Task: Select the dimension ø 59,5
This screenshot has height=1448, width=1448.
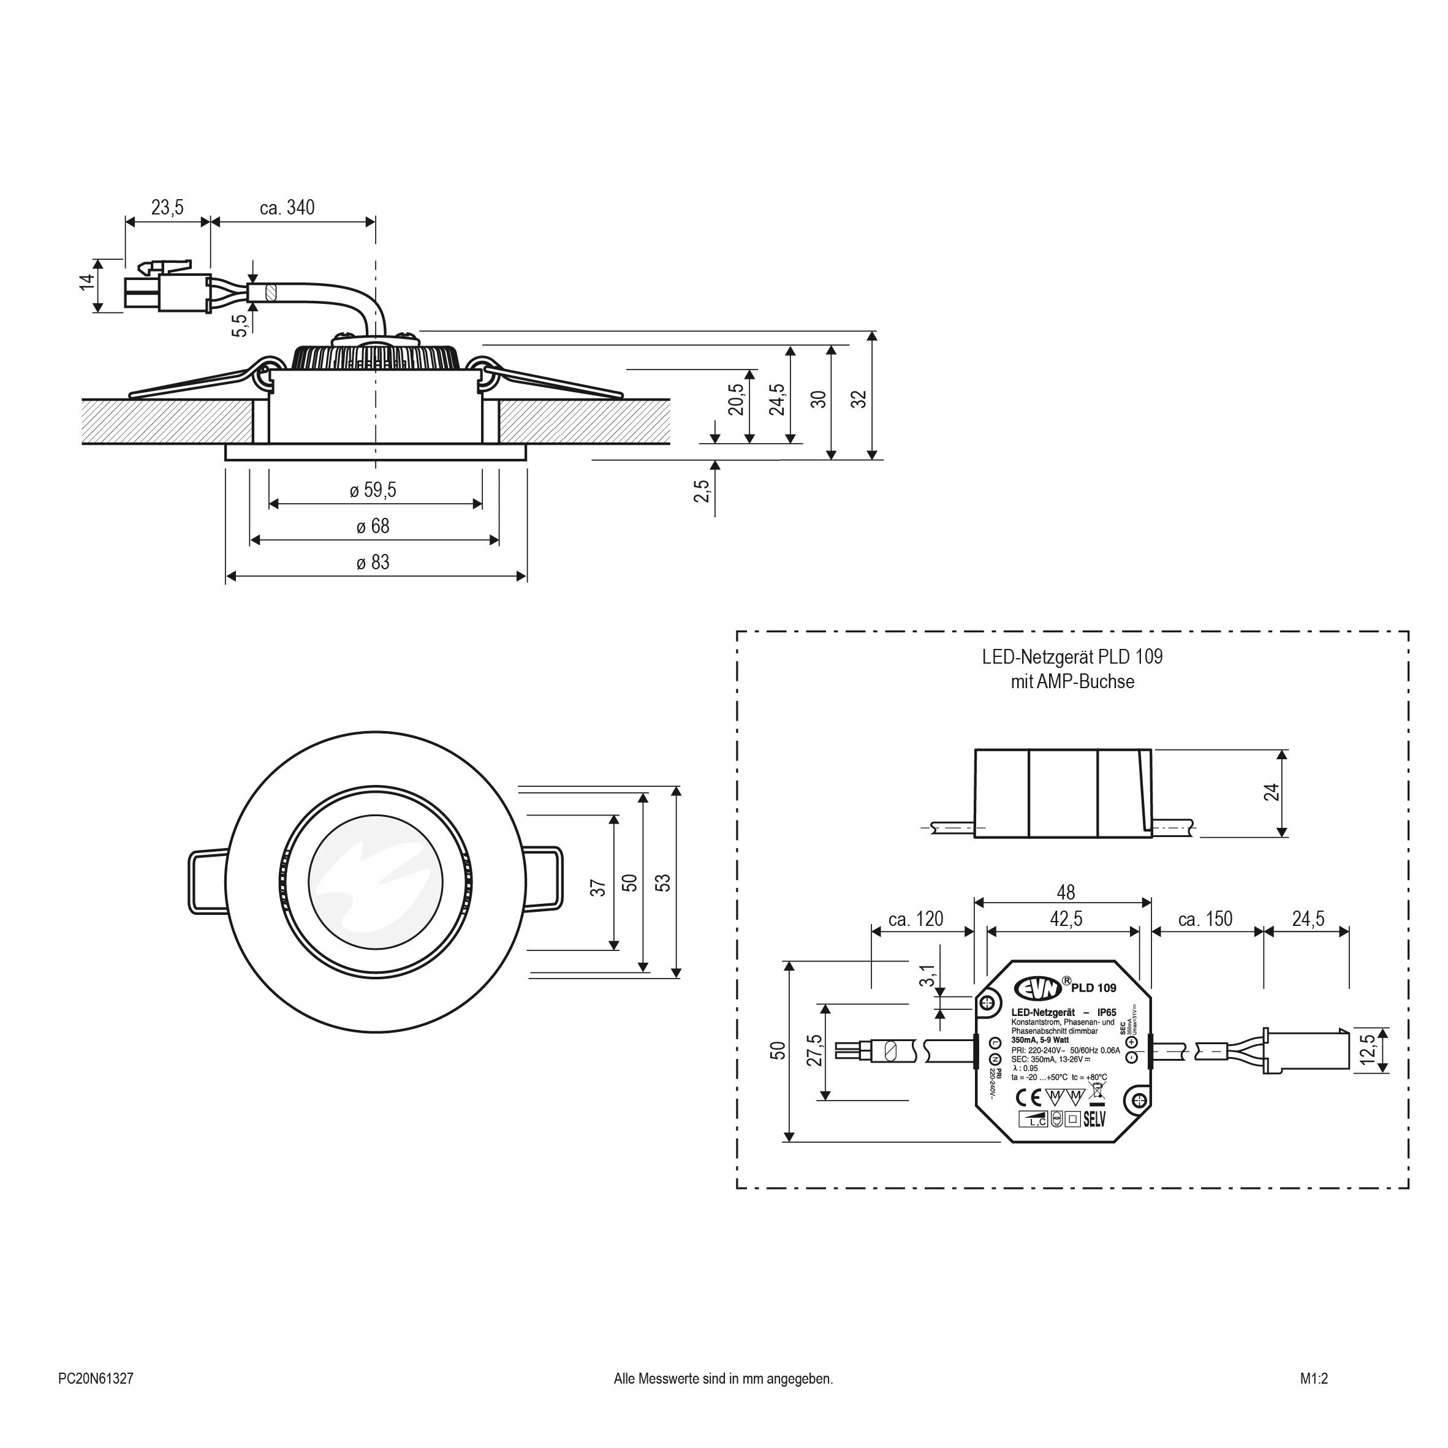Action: pos(373,491)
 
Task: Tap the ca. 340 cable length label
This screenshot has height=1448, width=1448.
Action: pos(287,208)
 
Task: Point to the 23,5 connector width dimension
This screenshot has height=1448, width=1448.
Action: pos(167,208)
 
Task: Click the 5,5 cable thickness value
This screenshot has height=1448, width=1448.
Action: pos(239,325)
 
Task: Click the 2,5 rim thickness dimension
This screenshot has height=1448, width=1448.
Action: pos(702,491)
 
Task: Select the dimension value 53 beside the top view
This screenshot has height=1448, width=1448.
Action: pos(663,882)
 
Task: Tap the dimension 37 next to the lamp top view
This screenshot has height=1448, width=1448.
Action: pos(598,888)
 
